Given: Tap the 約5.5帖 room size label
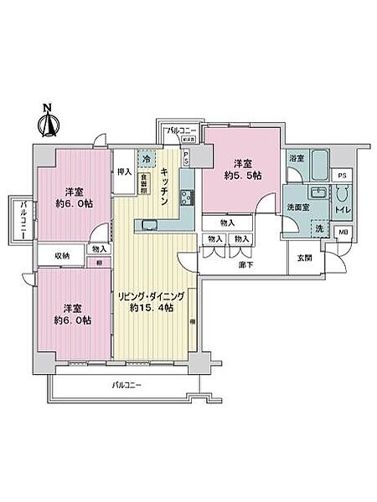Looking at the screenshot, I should click(243, 176).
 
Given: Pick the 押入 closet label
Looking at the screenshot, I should click(124, 172).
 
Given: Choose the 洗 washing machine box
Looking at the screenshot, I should click(320, 228).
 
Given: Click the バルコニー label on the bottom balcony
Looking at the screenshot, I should click(127, 385).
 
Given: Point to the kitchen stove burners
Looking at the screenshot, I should click(185, 197).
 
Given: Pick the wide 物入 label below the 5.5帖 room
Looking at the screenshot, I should click(228, 223).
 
